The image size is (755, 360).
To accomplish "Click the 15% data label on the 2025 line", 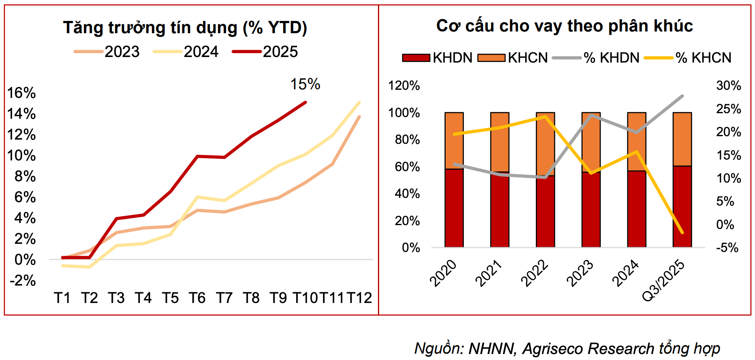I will [x=305, y=84].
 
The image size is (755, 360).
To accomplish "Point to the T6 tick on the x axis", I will [x=197, y=298].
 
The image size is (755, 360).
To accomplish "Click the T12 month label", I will [x=359, y=298].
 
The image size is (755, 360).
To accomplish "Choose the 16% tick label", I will [x=22, y=93].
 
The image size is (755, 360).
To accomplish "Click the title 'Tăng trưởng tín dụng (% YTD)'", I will [x=185, y=28].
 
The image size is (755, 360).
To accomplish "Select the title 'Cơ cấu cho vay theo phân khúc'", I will [x=564, y=26].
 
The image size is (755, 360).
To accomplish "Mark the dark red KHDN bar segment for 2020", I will [x=454, y=208].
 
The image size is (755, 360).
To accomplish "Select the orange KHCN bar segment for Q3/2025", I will [x=682, y=139].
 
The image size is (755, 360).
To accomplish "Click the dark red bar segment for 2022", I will [x=545, y=211].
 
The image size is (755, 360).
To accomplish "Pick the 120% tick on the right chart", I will [x=404, y=86].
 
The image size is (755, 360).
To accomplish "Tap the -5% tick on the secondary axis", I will [x=727, y=248].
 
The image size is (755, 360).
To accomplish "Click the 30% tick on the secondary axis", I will [x=728, y=86].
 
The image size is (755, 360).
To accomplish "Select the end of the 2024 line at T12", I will [x=360, y=103].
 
